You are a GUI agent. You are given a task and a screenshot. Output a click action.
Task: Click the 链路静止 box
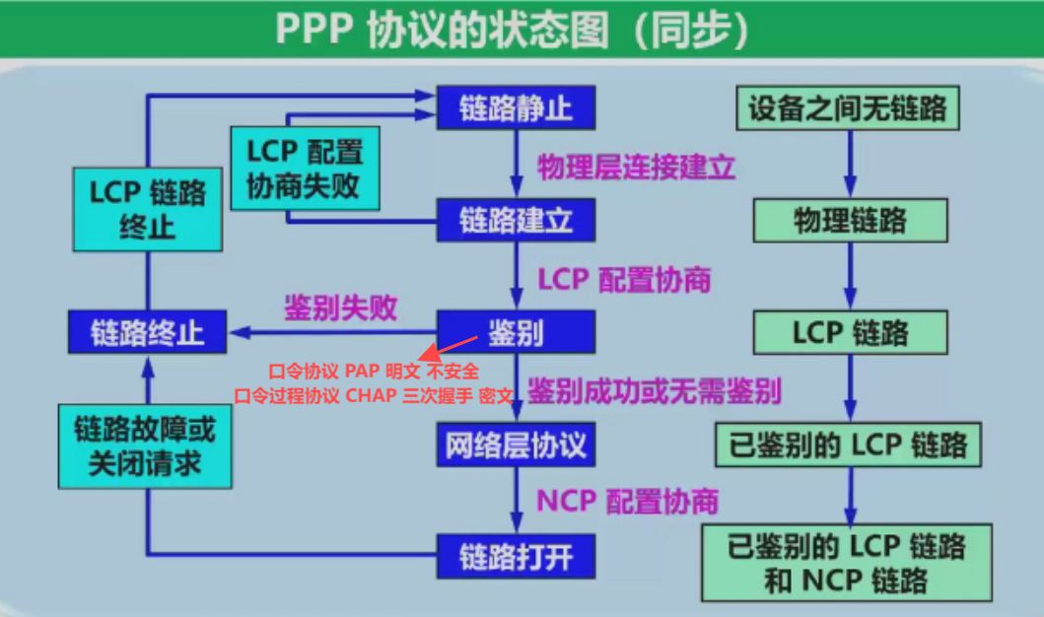coord(516,106)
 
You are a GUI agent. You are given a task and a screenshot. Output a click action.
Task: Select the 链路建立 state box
coord(516,220)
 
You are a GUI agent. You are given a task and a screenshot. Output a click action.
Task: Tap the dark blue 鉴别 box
coord(516,333)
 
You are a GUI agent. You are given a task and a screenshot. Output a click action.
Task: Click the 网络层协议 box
coord(516,446)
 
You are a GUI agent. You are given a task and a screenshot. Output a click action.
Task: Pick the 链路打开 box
coord(516,558)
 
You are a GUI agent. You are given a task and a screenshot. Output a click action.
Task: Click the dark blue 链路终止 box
coord(147,332)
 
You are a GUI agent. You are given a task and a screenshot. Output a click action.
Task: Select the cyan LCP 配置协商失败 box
coord(305,168)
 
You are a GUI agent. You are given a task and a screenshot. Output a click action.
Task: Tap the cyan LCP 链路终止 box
coord(148,209)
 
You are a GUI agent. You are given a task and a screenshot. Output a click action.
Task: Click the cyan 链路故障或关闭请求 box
coord(146,446)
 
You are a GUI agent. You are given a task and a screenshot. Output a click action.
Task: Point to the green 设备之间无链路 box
coord(848,106)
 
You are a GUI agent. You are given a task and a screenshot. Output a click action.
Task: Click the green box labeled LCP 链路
coord(850,333)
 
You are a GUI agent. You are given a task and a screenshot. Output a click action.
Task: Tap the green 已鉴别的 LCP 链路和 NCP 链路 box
coord(847,562)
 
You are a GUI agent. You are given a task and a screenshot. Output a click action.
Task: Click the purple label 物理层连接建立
coord(636,167)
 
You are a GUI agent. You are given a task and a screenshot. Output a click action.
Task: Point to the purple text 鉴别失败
coord(340,308)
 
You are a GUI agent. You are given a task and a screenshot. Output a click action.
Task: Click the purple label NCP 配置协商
coord(627,501)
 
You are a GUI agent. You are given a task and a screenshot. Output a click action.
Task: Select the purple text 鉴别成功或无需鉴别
coord(655,392)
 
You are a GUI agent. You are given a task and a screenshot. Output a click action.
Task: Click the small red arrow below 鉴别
coord(446,347)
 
